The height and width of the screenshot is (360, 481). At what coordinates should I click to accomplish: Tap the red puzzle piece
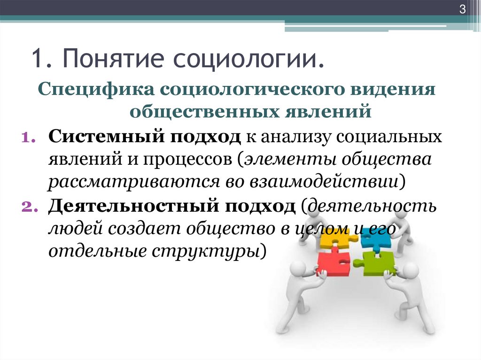333,263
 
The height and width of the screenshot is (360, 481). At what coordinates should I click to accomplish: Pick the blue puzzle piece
376,238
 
